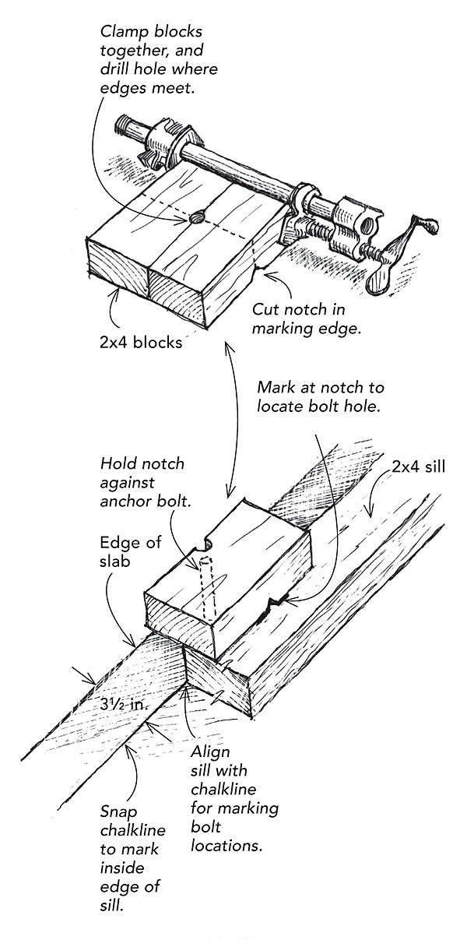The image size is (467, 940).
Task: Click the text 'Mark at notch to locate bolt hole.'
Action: coord(320,397)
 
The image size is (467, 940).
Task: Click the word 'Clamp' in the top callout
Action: coord(121,33)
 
